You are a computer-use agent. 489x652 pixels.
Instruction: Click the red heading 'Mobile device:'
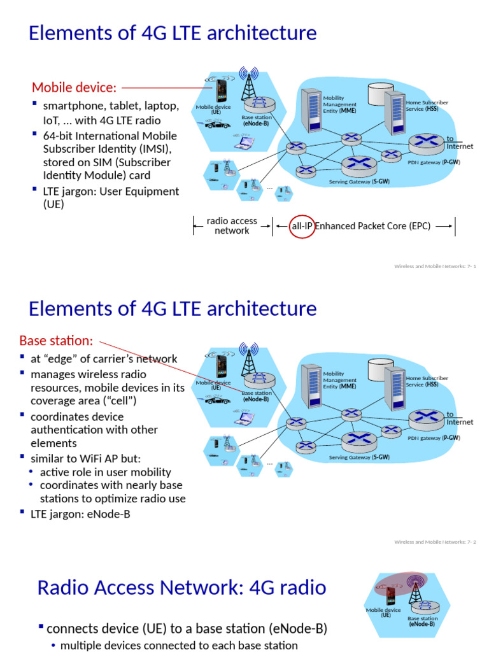click(74, 87)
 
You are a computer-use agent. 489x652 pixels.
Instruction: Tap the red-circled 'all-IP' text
click(302, 225)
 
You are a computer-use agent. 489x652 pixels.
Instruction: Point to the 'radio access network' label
click(232, 226)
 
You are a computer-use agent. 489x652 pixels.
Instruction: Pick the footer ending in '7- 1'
click(435, 266)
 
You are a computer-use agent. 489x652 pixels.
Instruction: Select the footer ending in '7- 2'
click(435, 542)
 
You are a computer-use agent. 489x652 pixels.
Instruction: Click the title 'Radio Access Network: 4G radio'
click(181, 587)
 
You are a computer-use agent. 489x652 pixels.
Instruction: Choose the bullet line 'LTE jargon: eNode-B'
click(80, 514)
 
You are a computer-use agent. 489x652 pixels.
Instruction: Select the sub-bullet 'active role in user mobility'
click(105, 472)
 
